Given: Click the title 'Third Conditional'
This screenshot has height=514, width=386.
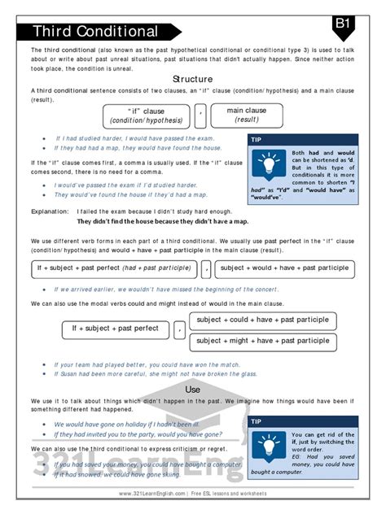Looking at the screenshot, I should pos(95,32).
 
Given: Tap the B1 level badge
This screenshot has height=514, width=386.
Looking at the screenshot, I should pos(343,24).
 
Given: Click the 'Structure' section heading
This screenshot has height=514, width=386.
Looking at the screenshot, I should pos(193,79).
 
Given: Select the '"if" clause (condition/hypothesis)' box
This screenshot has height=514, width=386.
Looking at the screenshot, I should pos(146,115).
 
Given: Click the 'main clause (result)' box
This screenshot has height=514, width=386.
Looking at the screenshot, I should pos(246,115).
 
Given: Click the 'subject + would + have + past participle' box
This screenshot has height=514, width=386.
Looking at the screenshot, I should pos(284,268).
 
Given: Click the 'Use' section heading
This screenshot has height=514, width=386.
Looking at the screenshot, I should pos(193,390).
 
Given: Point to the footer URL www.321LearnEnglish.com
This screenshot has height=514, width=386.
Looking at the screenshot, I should pos(152,494).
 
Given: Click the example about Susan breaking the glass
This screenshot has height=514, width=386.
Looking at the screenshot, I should pos(155,374).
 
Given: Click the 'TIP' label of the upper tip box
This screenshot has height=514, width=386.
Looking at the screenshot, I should pos(258,140).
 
